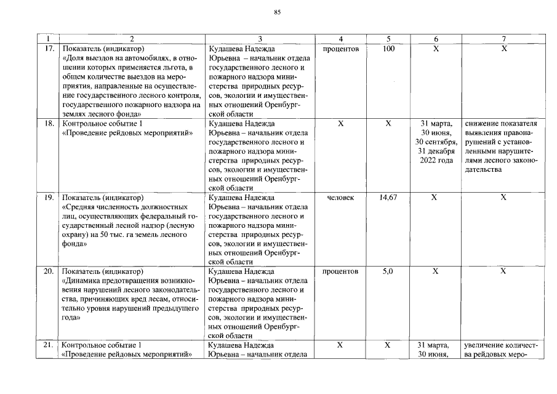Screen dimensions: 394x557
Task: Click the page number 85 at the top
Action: coord(278,13)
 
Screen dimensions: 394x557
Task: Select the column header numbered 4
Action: coord(340,38)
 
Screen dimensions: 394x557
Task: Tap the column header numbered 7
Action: coord(503,38)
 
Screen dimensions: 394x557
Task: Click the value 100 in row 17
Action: coord(388,48)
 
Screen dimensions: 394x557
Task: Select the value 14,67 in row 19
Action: coord(388,198)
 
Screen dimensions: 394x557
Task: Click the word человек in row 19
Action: coord(340,198)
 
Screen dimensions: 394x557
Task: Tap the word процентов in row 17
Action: coord(340,48)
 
